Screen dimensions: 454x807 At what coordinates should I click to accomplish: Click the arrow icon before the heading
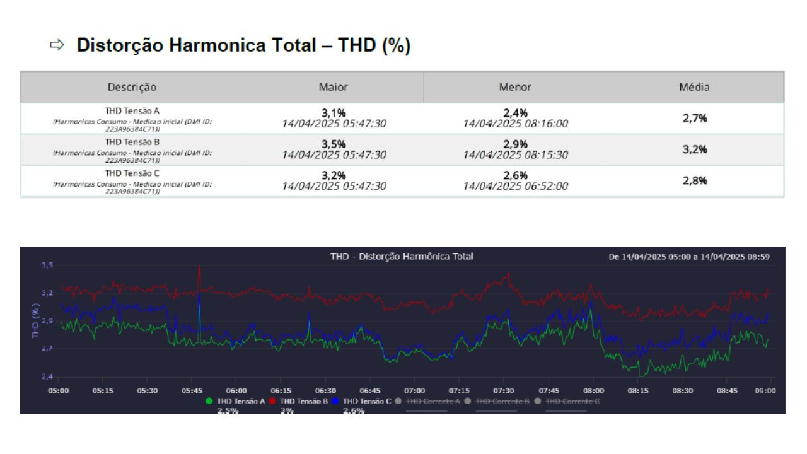click(57, 45)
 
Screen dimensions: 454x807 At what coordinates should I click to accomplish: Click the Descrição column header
click(132, 87)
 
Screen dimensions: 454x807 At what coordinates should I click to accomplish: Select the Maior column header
click(333, 87)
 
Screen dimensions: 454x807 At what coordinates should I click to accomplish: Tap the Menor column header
click(515, 87)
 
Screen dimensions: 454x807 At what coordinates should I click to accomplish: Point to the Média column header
click(694, 87)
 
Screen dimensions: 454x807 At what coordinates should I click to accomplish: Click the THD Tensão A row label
click(132, 110)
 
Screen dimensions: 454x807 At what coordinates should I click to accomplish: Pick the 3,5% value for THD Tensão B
click(334, 144)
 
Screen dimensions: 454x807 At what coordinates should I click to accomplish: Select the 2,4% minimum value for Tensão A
click(515, 113)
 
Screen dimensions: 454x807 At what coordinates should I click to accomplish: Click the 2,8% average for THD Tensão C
click(695, 181)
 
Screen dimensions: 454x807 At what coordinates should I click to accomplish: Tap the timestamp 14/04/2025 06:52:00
click(515, 187)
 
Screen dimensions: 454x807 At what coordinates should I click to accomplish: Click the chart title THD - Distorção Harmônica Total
click(402, 257)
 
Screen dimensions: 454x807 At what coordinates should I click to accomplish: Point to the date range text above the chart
click(688, 257)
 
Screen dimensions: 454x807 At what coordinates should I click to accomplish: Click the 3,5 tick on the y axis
click(47, 266)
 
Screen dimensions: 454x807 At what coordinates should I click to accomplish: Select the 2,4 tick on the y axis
click(47, 377)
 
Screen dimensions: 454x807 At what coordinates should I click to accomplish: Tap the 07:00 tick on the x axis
click(415, 391)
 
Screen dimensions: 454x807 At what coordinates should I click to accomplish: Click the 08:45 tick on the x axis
click(727, 391)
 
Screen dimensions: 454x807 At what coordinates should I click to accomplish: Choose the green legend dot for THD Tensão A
click(209, 401)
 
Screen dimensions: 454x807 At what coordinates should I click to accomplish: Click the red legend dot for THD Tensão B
click(272, 401)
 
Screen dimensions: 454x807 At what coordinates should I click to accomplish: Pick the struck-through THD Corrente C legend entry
click(572, 401)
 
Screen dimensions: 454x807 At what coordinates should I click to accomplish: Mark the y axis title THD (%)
click(37, 321)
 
